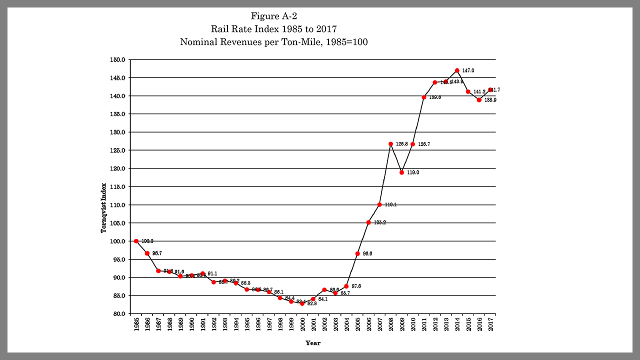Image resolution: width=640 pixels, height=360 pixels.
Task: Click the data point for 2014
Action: coord(457,70)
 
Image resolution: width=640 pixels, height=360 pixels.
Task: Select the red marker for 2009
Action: coord(401,172)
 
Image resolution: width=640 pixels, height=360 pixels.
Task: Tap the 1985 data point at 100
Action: coord(136,241)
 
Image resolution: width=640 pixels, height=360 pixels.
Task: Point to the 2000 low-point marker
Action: coord(302,303)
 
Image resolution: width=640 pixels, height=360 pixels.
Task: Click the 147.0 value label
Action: coord(468,71)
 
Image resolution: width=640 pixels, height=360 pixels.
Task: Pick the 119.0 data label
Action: coord(412,172)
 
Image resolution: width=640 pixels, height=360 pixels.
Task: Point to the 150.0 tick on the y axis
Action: coord(117,59)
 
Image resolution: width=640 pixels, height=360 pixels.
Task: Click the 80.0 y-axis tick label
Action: coord(118,313)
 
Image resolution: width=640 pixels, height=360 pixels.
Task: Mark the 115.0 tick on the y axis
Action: coord(117,186)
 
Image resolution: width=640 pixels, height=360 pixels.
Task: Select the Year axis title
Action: coord(313,343)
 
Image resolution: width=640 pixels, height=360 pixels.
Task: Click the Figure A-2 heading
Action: coord(274,16)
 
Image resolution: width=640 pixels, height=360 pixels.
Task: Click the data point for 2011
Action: coord(424,97)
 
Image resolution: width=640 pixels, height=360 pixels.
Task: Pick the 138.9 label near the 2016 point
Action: coord(490,100)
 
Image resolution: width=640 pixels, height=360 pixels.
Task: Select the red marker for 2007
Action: coord(379,204)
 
